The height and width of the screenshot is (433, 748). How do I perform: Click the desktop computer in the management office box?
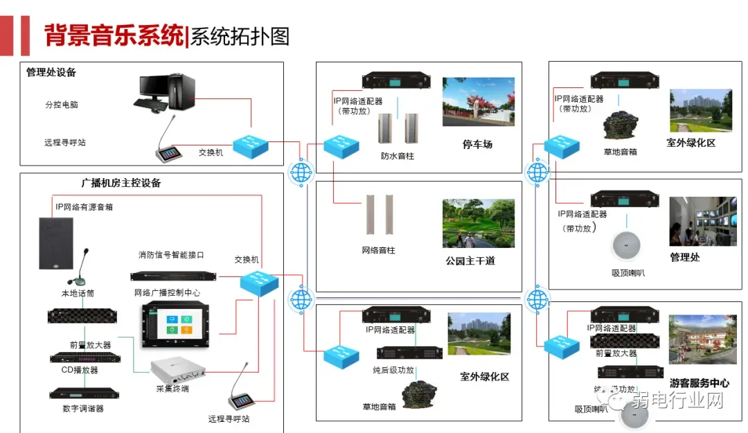[166, 94]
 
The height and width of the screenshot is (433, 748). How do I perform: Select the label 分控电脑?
[62, 105]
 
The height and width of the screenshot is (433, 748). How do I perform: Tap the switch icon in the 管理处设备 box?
[250, 145]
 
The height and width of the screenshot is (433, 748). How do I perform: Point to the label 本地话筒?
[78, 294]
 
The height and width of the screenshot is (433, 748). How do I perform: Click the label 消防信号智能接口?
[171, 255]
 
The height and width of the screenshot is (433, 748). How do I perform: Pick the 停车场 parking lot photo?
[479, 102]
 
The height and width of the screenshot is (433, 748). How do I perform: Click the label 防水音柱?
[398, 157]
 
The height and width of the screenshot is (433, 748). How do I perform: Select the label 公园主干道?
[470, 261]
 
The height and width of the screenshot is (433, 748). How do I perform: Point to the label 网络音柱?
[379, 250]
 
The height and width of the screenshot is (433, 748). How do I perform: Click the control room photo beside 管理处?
[702, 222]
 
